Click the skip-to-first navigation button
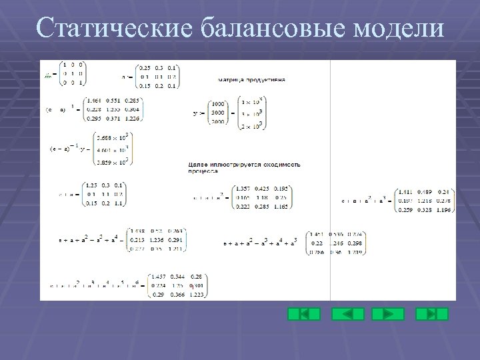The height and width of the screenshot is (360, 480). (x=303, y=314)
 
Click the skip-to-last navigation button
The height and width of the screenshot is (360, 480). (x=432, y=314)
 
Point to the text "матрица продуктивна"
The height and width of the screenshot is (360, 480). (x=252, y=79)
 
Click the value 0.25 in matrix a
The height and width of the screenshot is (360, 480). (x=144, y=68)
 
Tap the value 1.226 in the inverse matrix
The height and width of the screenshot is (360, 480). (x=133, y=118)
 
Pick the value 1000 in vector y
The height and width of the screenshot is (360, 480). (x=218, y=103)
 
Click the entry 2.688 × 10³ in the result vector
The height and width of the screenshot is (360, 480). (x=109, y=137)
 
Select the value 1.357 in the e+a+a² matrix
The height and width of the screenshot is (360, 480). (x=244, y=189)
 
